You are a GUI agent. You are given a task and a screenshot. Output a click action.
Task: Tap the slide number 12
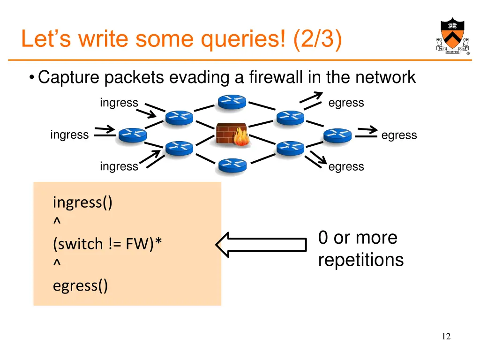[x=446, y=336]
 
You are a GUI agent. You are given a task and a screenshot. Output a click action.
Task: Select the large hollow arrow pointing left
[x=261, y=244]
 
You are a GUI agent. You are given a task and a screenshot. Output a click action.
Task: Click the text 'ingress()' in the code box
[x=82, y=203]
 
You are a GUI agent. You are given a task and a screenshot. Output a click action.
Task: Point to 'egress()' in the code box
[x=80, y=285]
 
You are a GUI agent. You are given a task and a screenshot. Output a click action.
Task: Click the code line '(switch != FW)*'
[x=108, y=244]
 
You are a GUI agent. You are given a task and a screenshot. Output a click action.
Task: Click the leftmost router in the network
[x=132, y=135]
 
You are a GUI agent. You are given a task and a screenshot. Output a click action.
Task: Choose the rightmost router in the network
[x=337, y=135]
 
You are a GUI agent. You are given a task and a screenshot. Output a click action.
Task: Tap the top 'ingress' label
[x=119, y=103]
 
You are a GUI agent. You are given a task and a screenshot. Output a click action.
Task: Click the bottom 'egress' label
[x=346, y=166]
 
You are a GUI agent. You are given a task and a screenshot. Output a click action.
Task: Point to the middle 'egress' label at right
[x=399, y=135]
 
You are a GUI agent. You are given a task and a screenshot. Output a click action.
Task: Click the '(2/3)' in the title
[x=317, y=39]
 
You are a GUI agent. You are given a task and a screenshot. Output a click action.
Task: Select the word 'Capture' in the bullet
[x=69, y=77]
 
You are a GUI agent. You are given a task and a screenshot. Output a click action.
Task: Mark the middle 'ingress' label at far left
[x=69, y=135]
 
